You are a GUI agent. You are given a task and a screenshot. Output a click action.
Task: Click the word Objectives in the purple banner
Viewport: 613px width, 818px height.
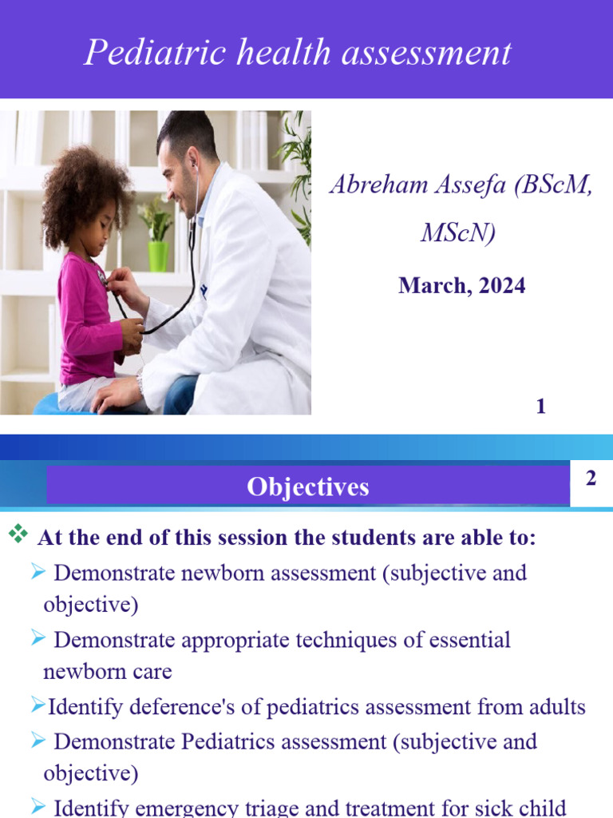click(x=307, y=486)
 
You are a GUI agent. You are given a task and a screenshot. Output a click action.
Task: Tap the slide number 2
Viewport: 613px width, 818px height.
click(x=591, y=478)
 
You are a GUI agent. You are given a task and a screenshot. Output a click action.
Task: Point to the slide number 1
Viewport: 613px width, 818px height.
click(x=541, y=407)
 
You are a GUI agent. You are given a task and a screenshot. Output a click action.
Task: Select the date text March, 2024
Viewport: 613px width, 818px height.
click(x=462, y=286)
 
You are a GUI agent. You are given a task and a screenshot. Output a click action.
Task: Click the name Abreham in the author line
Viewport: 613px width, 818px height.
click(x=378, y=185)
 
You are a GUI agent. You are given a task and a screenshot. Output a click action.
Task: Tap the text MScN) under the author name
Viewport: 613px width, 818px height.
click(x=458, y=232)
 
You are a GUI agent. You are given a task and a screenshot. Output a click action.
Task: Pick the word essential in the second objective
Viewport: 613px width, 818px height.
click(x=469, y=640)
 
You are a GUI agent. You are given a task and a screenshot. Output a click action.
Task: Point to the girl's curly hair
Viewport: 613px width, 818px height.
click(x=86, y=192)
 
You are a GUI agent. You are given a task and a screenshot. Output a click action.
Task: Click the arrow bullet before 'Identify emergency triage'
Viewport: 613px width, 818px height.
click(x=38, y=807)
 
